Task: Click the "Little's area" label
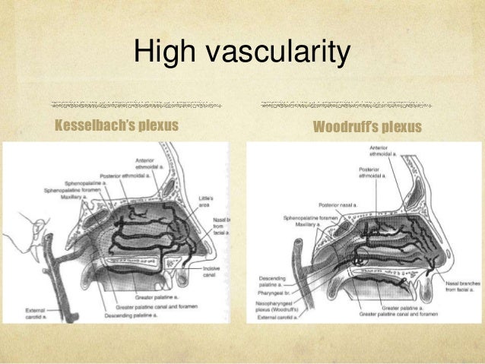206,201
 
